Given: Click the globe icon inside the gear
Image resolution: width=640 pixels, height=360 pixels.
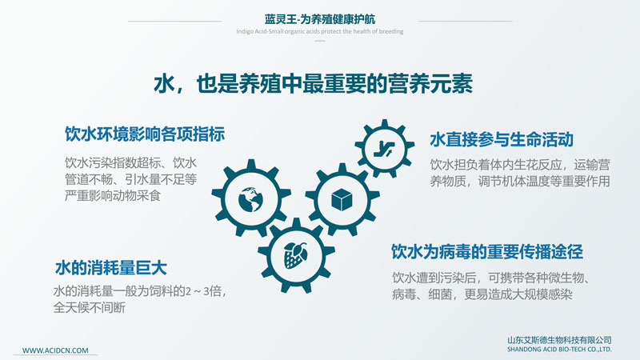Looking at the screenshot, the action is (250, 199).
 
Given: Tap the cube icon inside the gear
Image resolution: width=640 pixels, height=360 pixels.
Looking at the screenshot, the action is (342, 199).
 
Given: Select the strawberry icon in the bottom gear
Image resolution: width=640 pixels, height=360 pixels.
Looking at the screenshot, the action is (295, 255).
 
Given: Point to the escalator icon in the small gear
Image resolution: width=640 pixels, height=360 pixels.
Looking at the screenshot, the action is (384, 149).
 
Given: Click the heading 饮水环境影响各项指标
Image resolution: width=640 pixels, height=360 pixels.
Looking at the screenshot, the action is (145, 134).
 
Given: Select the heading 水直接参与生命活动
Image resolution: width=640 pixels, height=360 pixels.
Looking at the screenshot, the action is (502, 139).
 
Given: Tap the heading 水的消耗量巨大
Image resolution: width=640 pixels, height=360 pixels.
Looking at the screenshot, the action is (111, 268).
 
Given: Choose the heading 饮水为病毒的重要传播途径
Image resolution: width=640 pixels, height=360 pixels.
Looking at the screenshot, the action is (487, 251).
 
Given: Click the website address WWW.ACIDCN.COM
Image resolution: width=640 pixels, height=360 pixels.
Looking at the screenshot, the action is (55, 350).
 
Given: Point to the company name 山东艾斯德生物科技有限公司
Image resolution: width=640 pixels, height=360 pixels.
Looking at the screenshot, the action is (559, 340).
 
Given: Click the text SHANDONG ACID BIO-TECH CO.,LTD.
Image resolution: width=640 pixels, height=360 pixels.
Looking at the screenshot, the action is (559, 350).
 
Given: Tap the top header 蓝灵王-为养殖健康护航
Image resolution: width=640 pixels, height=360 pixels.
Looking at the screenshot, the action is (319, 18).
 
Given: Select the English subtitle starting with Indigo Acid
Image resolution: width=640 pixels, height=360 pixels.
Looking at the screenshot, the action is (319, 31).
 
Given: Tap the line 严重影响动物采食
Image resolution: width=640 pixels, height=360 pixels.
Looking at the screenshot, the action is (113, 195).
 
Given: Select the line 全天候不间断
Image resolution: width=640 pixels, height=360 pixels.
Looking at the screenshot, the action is (89, 307).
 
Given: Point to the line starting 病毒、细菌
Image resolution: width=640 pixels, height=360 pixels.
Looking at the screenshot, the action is (482, 294).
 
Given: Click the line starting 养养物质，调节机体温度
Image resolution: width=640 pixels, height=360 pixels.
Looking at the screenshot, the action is (519, 181).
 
